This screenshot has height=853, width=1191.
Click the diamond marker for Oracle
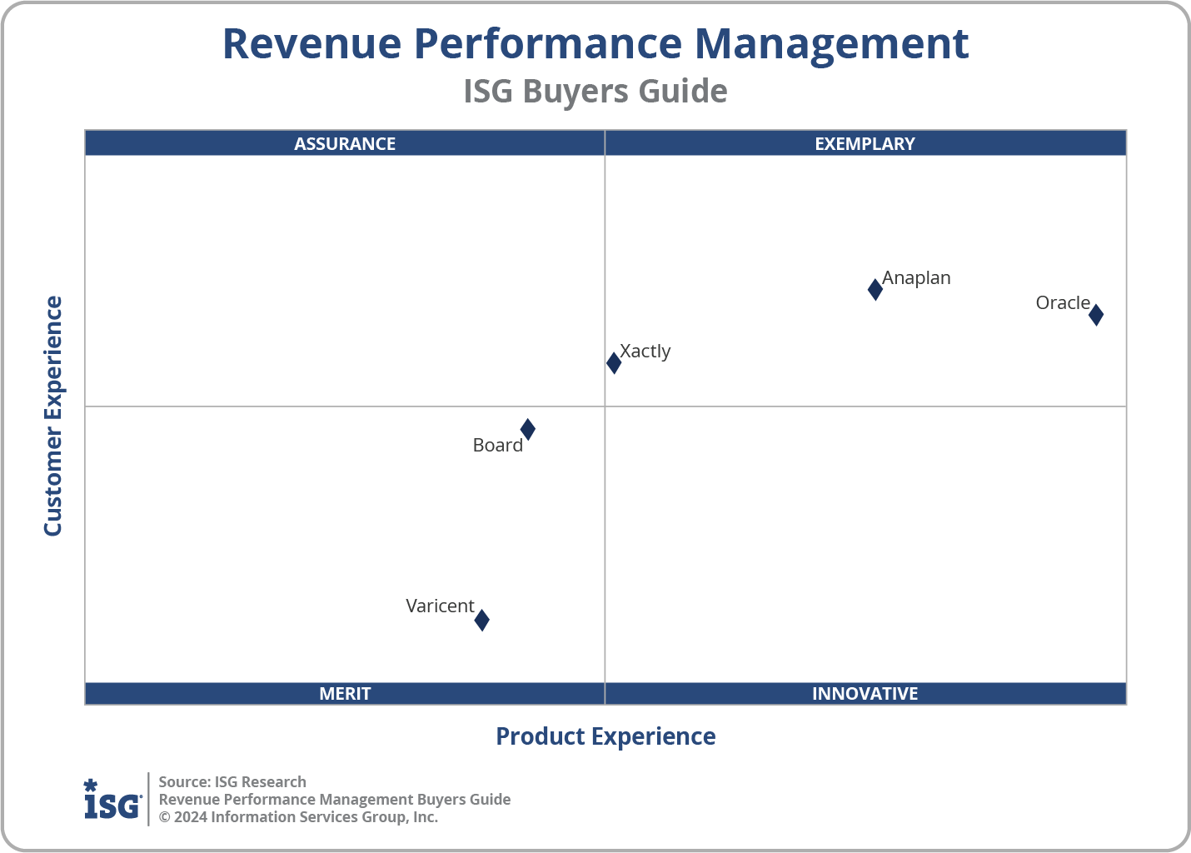click(1096, 315)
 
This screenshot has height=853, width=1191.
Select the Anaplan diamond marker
click(875, 289)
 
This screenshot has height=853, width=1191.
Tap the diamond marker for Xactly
click(614, 362)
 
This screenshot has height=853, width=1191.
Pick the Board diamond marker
click(527, 430)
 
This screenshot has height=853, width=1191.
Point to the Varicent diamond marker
click(481, 620)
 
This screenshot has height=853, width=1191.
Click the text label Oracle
click(1063, 303)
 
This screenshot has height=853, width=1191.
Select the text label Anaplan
click(916, 278)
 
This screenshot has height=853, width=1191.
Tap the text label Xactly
click(645, 352)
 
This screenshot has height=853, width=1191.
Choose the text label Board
click(497, 446)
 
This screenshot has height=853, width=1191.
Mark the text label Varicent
click(440, 606)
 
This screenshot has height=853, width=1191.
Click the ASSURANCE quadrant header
click(345, 144)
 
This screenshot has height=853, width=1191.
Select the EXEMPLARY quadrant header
click(865, 144)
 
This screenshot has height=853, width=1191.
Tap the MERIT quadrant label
click(345, 694)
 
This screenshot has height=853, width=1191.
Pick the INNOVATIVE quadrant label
click(865, 694)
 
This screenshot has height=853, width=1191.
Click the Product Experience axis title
click(605, 736)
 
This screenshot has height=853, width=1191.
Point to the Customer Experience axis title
click(53, 417)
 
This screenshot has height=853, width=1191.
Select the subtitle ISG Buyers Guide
click(595, 92)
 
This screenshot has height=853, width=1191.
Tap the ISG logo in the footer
click(112, 800)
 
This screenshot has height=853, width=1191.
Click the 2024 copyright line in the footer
click(298, 817)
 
